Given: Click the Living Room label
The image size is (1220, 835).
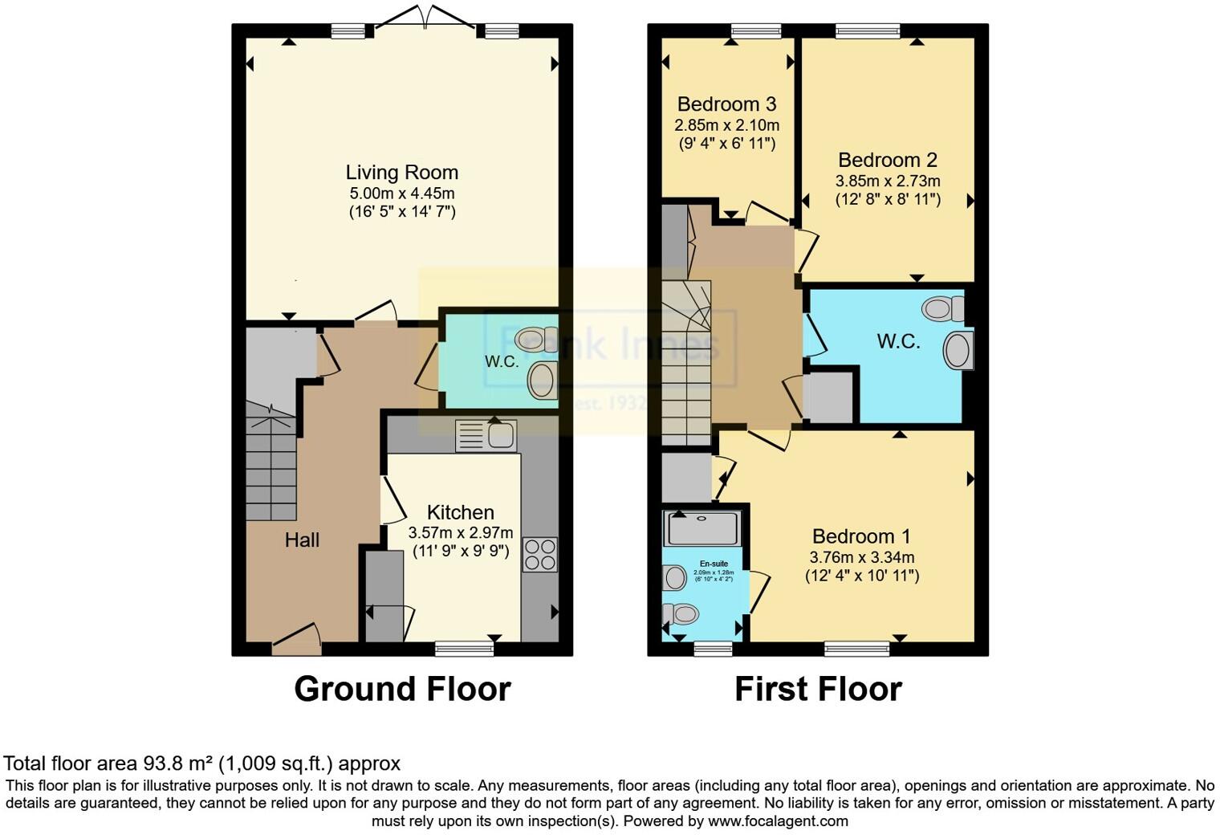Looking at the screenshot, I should click(x=401, y=173).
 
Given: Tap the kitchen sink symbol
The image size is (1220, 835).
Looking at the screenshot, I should click(x=486, y=436).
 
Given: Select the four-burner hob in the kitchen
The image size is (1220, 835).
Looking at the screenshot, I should click(x=540, y=554).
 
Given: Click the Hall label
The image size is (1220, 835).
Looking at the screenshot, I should click(x=302, y=540).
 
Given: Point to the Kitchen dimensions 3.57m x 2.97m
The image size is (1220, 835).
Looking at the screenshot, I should click(x=460, y=532).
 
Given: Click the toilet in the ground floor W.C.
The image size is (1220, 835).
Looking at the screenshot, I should click(x=538, y=336).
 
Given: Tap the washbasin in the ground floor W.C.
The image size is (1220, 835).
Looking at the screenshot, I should click(x=543, y=379).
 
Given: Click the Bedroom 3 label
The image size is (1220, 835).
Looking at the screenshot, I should click(x=726, y=104).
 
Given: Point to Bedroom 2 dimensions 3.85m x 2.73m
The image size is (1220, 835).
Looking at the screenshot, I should click(x=887, y=181).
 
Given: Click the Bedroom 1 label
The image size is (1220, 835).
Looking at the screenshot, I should click(x=862, y=536).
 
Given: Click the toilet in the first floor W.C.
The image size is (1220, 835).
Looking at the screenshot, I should click(x=944, y=308).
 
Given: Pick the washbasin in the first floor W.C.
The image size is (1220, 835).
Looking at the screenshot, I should click(x=957, y=351).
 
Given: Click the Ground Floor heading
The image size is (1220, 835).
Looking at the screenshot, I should click(x=402, y=689).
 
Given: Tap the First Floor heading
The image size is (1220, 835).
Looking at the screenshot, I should click(x=818, y=689).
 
